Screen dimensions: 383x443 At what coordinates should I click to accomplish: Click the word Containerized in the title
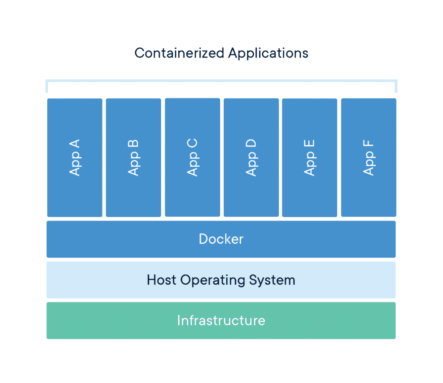click(179, 53)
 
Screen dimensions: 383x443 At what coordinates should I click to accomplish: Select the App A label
click(75, 157)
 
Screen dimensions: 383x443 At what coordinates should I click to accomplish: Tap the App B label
click(133, 157)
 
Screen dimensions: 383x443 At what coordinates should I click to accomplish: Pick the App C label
click(192, 157)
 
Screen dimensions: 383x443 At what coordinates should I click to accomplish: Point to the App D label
click(251, 157)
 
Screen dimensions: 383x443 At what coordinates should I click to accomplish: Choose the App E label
click(309, 157)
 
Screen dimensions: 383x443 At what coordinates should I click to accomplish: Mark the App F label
click(368, 157)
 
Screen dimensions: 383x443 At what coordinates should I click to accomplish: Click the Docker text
click(221, 239)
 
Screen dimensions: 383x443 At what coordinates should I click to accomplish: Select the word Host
click(161, 280)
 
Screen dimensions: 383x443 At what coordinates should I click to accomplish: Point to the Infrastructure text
click(221, 320)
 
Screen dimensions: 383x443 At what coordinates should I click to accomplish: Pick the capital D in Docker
click(203, 239)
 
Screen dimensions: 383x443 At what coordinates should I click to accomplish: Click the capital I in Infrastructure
click(179, 320)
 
